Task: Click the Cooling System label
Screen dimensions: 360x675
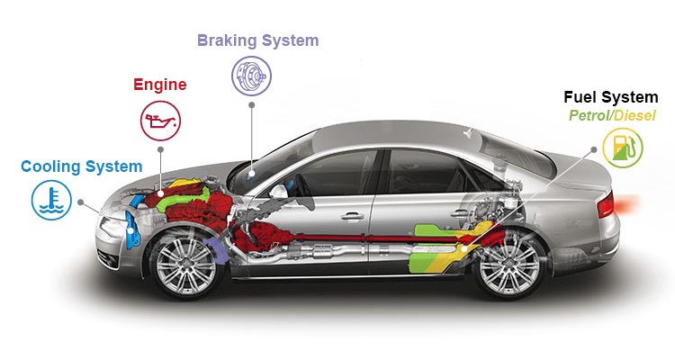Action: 81,166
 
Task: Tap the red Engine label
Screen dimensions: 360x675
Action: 159,85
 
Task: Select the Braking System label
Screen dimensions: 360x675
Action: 257,40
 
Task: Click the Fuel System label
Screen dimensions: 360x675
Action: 610,97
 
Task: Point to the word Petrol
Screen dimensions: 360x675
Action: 589,116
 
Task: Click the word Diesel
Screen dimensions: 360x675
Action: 635,116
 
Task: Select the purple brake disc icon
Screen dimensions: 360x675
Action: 251,76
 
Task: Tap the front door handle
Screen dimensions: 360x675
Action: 353,216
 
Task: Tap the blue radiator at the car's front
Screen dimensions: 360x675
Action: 133,225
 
